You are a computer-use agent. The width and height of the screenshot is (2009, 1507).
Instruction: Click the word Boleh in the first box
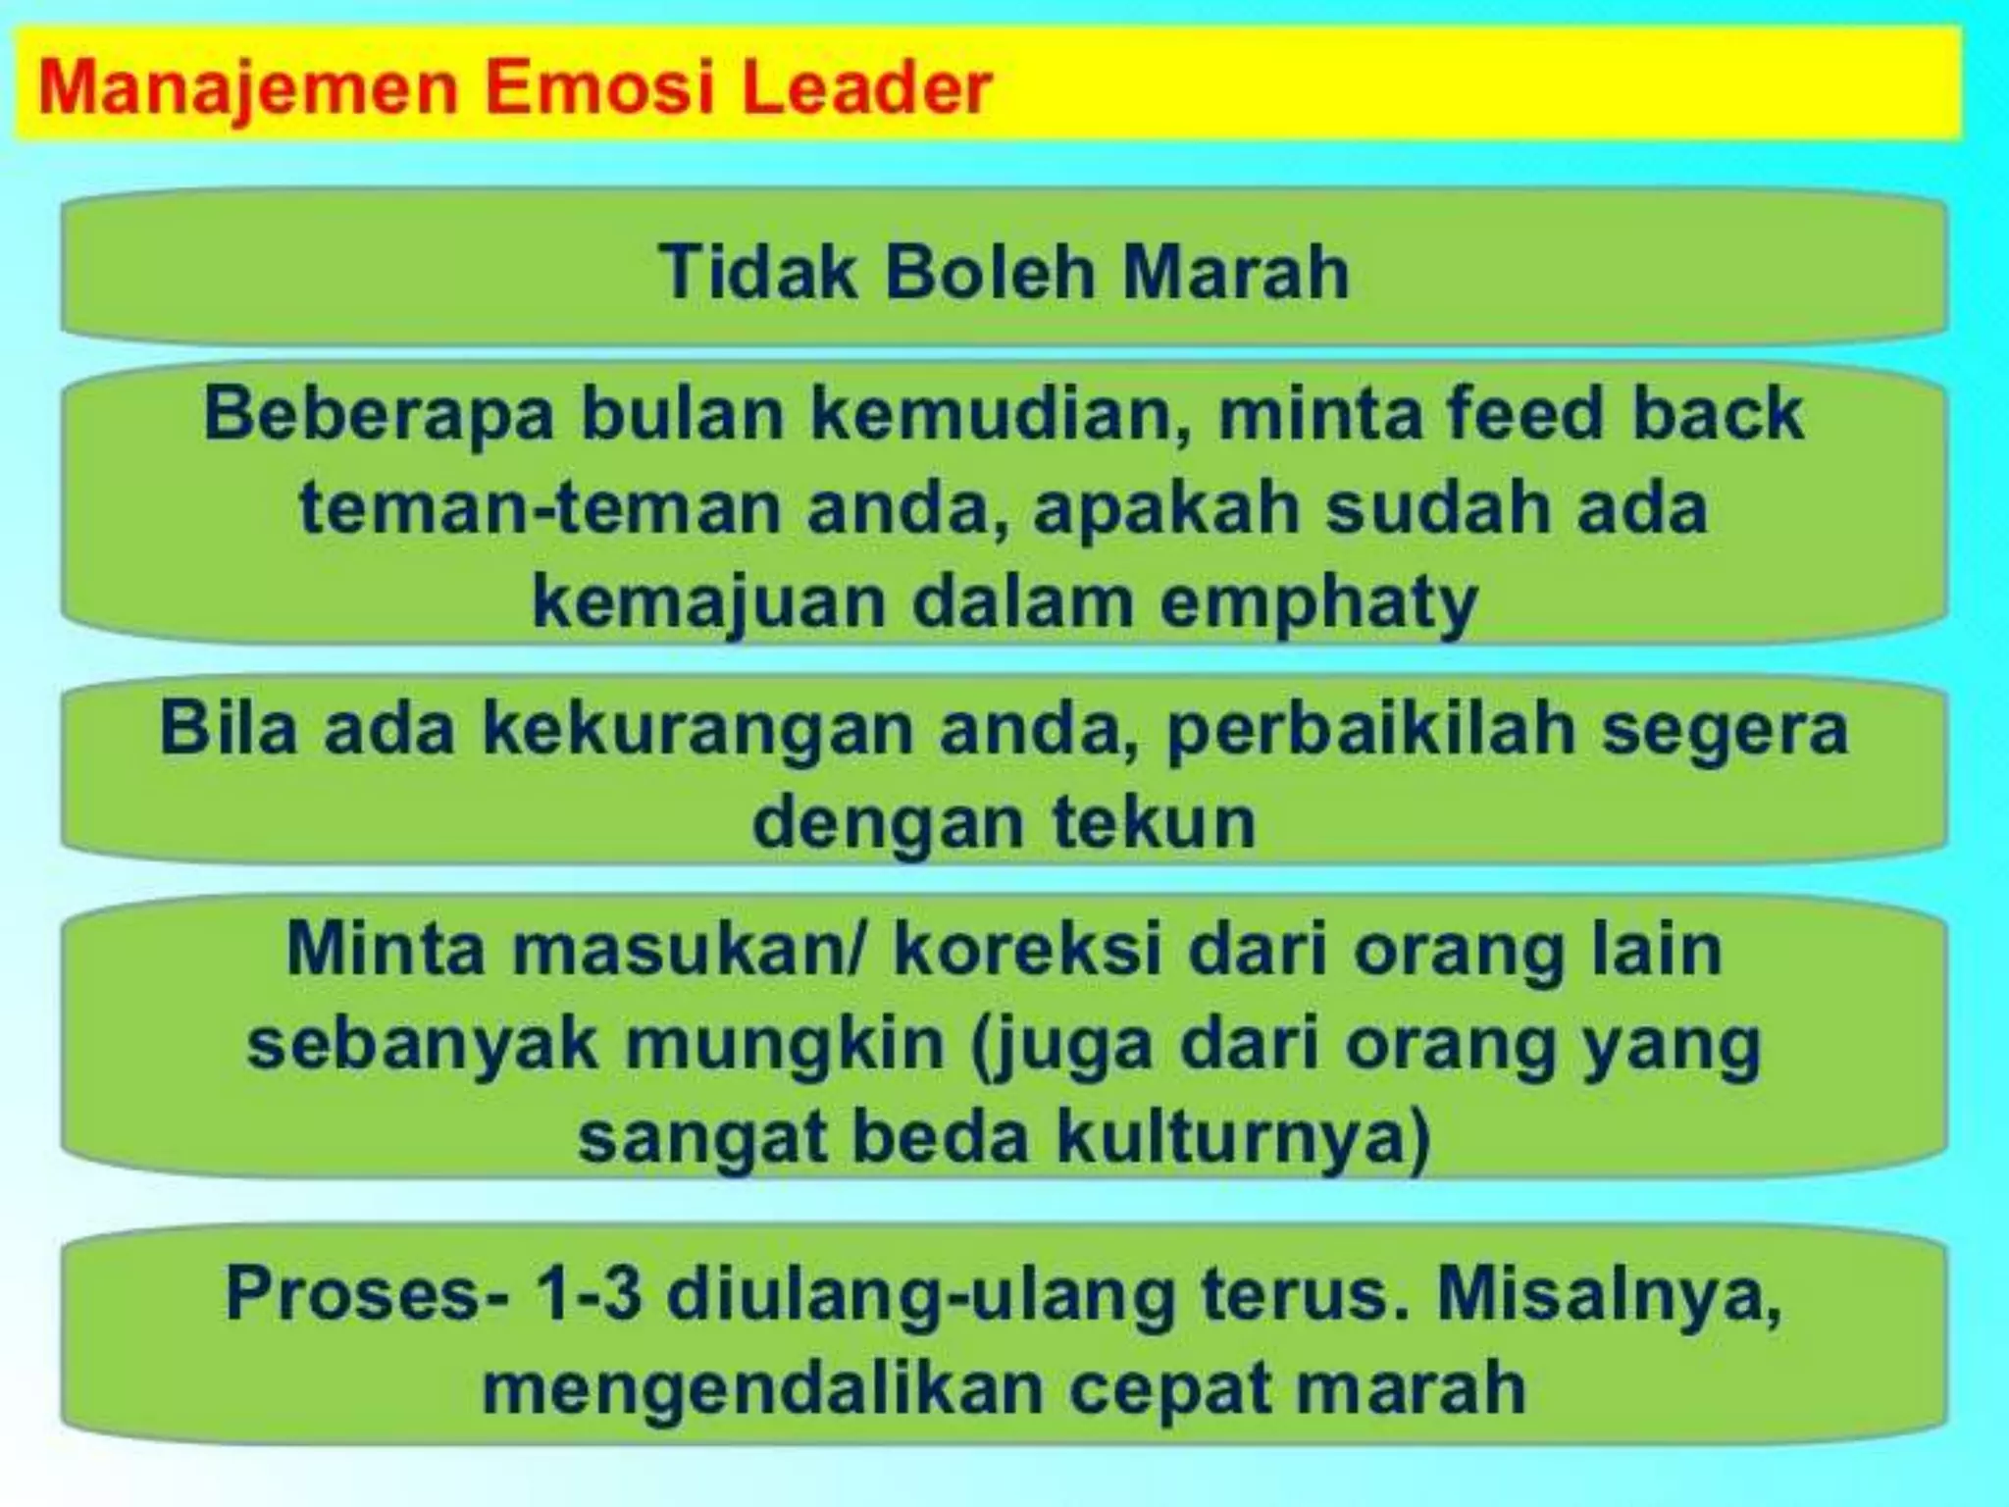990,272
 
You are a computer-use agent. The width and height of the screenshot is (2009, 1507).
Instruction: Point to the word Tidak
757,272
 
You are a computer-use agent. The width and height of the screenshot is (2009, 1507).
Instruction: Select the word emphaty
1318,603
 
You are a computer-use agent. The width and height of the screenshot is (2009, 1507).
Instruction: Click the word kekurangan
695,729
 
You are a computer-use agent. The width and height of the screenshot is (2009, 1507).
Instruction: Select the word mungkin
785,1044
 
